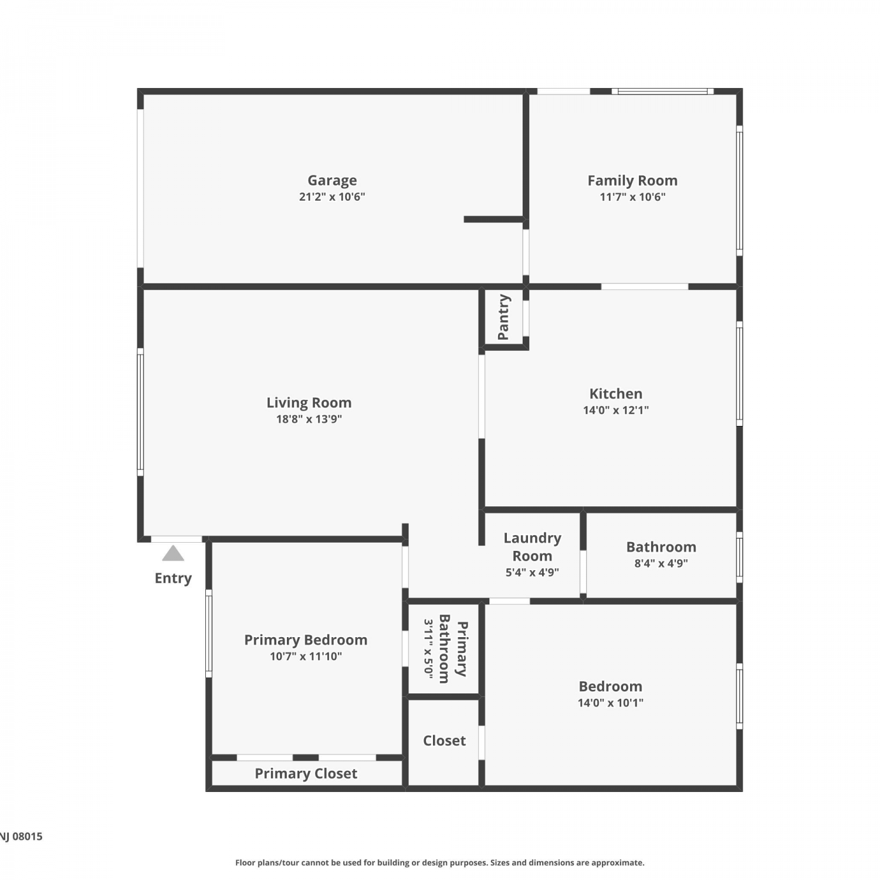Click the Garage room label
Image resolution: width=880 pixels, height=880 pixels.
click(332, 181)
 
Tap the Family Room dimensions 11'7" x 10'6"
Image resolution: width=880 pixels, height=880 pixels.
click(632, 197)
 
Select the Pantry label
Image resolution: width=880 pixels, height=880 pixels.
click(503, 317)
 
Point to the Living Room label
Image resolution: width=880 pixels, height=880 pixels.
click(309, 403)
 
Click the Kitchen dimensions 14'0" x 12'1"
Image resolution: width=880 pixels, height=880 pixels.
click(616, 410)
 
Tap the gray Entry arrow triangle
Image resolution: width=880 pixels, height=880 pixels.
click(173, 553)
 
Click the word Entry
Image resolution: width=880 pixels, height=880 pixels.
click(173, 578)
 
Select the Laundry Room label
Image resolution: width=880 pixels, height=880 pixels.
click(532, 547)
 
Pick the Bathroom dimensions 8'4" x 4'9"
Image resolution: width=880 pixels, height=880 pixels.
click(661, 563)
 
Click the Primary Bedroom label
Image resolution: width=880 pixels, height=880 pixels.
click(306, 640)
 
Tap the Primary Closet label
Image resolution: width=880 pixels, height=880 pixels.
click(306, 774)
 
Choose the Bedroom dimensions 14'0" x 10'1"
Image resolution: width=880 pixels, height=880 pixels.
click(611, 703)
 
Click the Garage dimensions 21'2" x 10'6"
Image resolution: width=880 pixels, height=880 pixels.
click(332, 197)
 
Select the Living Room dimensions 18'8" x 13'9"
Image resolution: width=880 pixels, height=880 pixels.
click(309, 419)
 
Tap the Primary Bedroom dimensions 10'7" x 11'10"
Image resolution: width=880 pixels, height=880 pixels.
click(306, 656)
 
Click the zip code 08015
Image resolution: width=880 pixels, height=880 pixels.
click(28, 837)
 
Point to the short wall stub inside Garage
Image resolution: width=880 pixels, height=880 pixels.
click(495, 219)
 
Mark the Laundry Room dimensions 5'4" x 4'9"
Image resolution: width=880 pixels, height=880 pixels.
click(532, 573)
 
